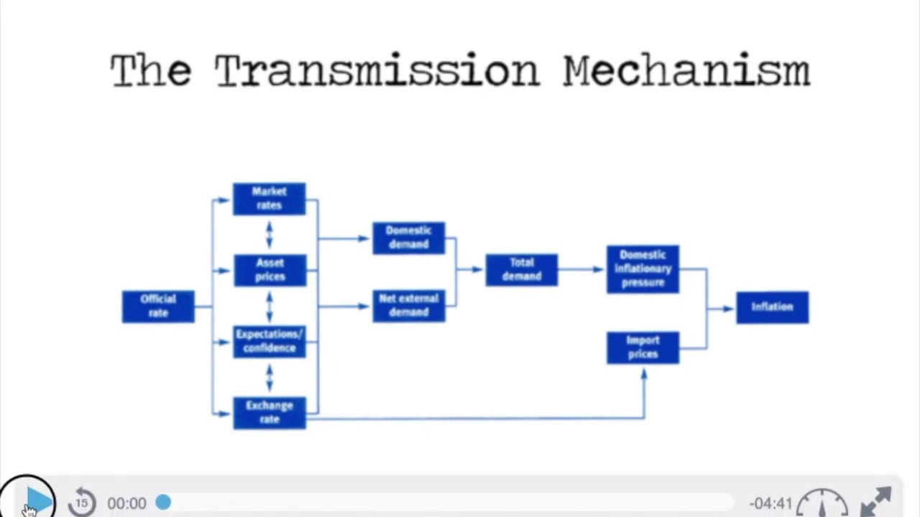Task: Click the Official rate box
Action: coord(158,307)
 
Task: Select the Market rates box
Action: coord(269,199)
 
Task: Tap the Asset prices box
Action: coord(270,270)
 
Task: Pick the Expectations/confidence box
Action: coord(270,341)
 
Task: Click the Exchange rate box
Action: coord(270,413)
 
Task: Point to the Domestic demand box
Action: coord(408,238)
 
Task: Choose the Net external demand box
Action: coord(408,306)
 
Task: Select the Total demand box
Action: coord(521,270)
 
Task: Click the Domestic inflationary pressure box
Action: coord(643,269)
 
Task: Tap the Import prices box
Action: coord(643,348)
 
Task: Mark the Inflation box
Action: coord(772,307)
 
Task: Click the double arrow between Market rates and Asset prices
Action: coord(270,235)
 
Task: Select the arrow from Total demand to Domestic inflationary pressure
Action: coord(581,270)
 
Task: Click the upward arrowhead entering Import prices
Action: coord(644,373)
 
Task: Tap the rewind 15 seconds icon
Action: coord(82,502)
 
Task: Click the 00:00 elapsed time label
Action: coord(126,503)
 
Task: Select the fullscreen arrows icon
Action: coord(876,501)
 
